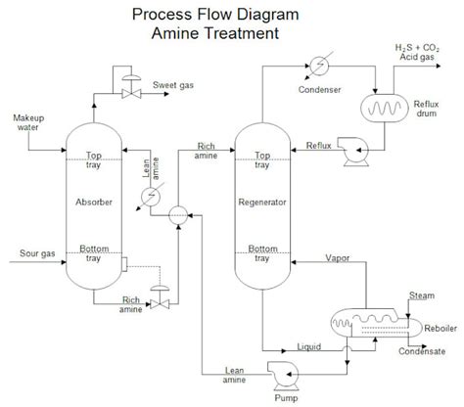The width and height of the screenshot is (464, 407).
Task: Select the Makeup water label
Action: coord(27,125)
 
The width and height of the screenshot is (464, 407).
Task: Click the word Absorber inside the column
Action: coord(95,203)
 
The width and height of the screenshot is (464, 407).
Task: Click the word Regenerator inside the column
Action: coord(260,203)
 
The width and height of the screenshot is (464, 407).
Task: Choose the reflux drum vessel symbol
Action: coord(386,107)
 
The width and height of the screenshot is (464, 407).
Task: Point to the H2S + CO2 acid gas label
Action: coord(419,52)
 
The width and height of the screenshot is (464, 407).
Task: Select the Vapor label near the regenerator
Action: coord(339,258)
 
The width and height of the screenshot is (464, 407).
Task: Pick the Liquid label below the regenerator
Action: coord(310,345)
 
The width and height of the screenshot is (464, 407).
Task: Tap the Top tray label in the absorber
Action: coord(95,159)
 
